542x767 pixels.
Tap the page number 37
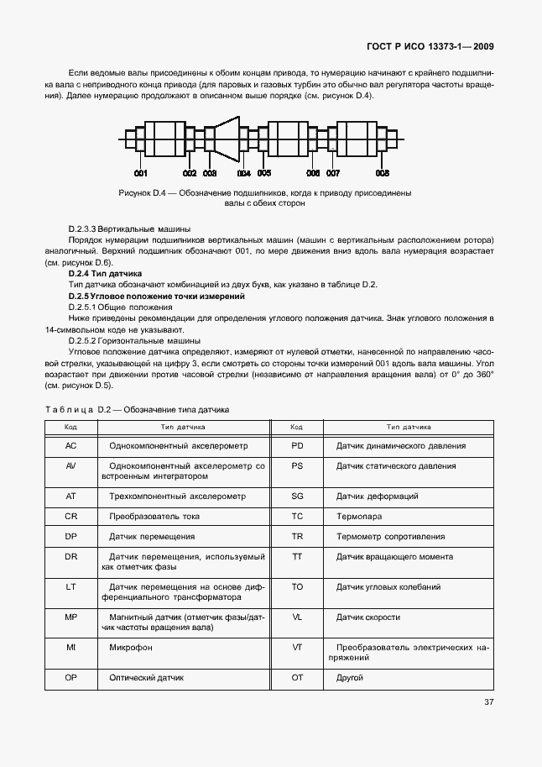point(489,703)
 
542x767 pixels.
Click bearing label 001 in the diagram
point(140,173)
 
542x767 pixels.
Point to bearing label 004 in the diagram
point(243,173)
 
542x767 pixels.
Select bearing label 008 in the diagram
point(382,173)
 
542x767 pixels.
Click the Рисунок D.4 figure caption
point(264,197)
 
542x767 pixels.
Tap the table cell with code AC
point(71,446)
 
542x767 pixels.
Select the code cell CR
point(71,516)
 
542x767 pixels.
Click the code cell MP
point(71,617)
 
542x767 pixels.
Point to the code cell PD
point(297,446)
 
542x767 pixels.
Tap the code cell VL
point(297,617)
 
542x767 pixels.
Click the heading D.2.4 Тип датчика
point(105,274)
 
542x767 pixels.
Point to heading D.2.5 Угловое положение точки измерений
point(156,297)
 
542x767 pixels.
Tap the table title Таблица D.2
point(136,409)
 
